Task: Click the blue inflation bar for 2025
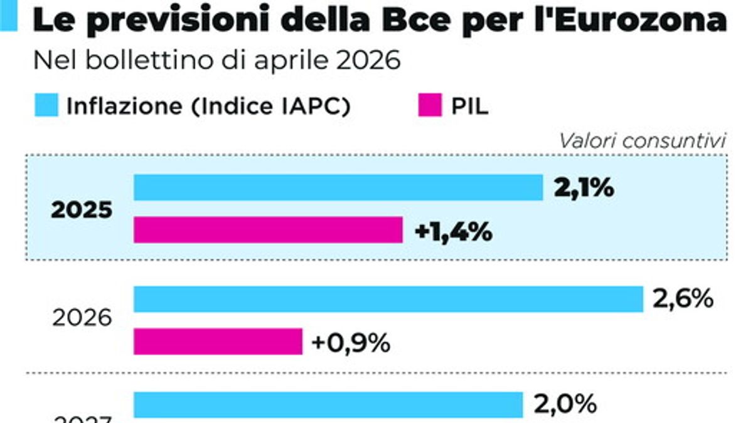[x=338, y=187]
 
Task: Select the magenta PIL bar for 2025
[x=268, y=230]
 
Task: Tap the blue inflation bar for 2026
[x=388, y=299]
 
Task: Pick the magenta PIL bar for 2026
[x=218, y=342]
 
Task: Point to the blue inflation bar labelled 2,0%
[x=328, y=404]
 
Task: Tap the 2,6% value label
[x=683, y=299]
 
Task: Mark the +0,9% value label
[x=352, y=342]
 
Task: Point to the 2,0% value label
[x=564, y=404]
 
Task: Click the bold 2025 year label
[x=82, y=210]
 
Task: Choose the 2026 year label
[x=82, y=320]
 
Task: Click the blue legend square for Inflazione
[x=46, y=106]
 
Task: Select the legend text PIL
[x=469, y=107]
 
